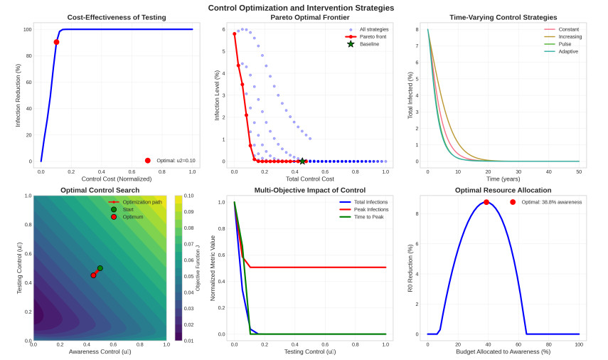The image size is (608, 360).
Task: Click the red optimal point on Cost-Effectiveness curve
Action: (x=56, y=42)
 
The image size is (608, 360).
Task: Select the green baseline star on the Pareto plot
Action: (x=302, y=162)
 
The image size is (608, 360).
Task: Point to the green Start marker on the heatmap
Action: (x=100, y=268)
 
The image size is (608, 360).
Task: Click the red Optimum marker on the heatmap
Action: (x=93, y=275)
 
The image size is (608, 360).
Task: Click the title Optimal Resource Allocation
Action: (x=503, y=191)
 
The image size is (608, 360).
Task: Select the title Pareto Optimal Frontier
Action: (x=309, y=16)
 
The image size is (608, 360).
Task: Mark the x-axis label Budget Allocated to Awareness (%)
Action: (x=503, y=352)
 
